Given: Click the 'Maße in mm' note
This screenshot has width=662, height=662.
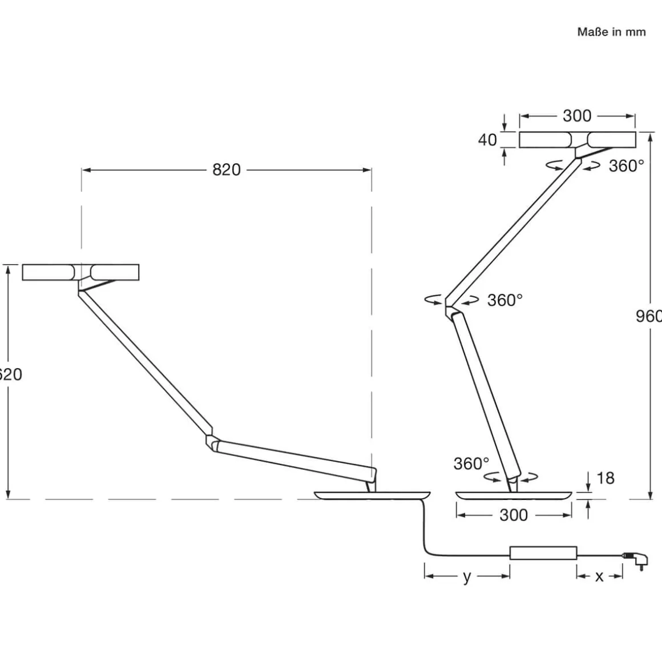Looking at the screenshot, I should tap(611, 32).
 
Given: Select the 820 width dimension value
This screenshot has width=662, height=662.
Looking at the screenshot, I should tap(227, 169).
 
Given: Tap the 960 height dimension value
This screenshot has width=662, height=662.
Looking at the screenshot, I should tap(649, 316).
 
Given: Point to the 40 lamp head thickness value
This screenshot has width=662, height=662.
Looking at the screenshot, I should tap(487, 140).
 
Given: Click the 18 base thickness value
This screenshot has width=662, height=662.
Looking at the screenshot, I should tap(605, 478).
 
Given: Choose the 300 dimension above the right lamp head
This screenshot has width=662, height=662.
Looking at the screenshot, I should tap(577, 116).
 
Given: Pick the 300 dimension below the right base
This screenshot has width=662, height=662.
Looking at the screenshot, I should tap(514, 515).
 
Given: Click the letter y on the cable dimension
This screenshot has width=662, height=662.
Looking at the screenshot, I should tap(467, 576).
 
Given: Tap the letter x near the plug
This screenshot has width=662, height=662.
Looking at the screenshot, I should tap(599, 576).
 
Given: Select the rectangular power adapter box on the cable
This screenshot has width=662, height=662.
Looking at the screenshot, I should tap(543, 553).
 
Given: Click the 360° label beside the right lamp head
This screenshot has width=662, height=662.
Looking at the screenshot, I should tap(626, 166).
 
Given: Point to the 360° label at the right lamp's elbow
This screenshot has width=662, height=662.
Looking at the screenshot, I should tap(505, 300).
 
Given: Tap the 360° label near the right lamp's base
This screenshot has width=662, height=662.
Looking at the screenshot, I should tap(471, 463).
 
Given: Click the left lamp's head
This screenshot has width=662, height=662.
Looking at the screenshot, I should tap(80, 272).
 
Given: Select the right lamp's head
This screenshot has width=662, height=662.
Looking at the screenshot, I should tap(577, 140).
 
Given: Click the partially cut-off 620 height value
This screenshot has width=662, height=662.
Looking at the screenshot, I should tap(10, 374).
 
